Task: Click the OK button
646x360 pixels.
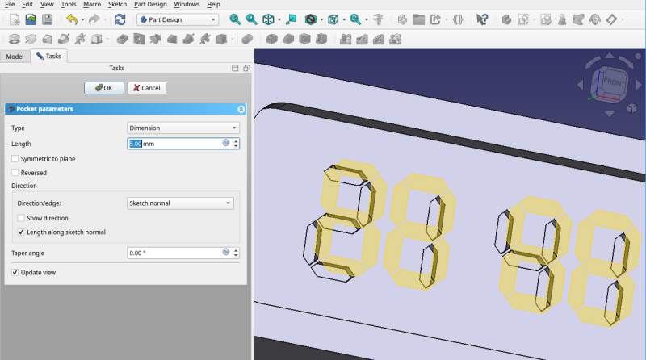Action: click(104, 87)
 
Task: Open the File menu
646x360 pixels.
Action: click(10, 5)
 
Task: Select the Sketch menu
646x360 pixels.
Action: click(117, 5)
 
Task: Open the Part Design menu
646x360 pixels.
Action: click(150, 5)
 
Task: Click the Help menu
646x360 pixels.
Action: click(213, 5)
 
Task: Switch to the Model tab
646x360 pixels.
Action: click(15, 56)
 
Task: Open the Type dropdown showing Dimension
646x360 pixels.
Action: click(183, 128)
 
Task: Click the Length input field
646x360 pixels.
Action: click(174, 144)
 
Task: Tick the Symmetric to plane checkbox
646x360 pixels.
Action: click(15, 159)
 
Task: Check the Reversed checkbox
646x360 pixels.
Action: click(15, 173)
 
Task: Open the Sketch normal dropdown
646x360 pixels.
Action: click(180, 203)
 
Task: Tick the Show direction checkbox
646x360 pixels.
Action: click(21, 218)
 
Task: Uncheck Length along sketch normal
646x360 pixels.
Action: click(21, 232)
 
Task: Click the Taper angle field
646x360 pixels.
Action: click(174, 253)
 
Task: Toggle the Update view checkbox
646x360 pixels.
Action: click(15, 273)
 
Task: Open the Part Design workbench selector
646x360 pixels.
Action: click(177, 19)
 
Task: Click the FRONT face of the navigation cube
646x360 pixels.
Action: click(615, 82)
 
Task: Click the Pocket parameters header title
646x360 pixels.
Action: click(45, 108)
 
